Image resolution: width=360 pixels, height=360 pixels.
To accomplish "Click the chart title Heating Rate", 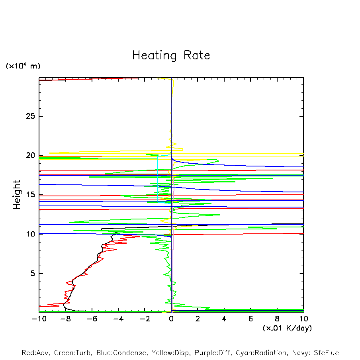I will tap(171, 55).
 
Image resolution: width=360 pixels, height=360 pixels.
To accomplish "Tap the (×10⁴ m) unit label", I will tap(23, 66).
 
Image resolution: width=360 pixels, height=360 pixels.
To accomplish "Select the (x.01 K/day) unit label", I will tap(287, 328).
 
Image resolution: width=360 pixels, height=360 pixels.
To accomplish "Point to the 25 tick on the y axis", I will tap(31, 116).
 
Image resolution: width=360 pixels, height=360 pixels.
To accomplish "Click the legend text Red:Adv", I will tap(35, 353).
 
